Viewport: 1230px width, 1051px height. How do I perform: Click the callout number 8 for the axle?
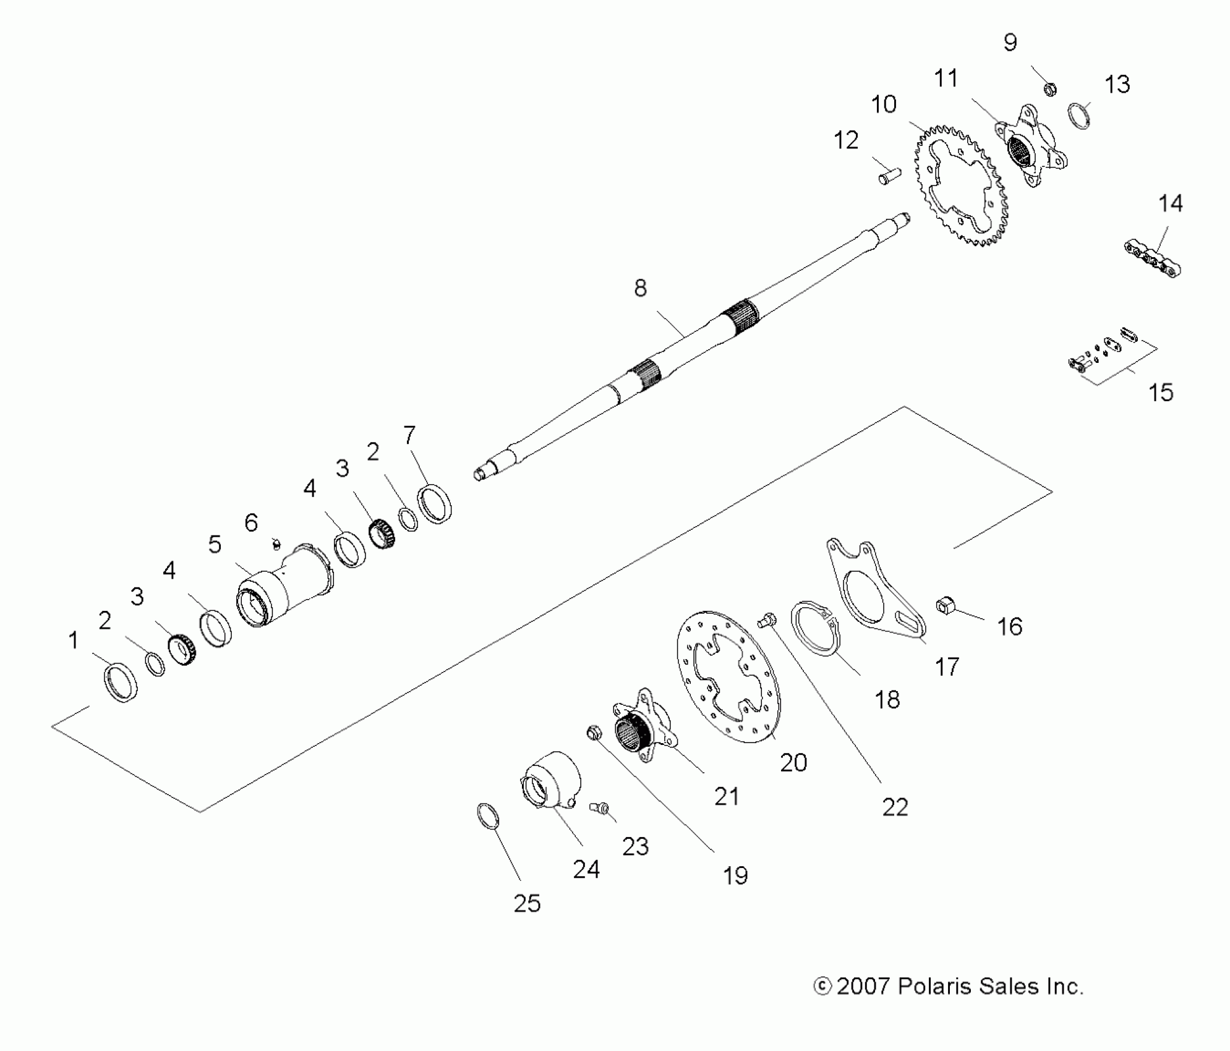click(640, 288)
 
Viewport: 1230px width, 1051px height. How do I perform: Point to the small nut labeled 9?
click(1049, 90)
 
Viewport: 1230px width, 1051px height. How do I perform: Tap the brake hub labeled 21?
click(643, 726)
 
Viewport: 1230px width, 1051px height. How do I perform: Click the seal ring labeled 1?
click(121, 683)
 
